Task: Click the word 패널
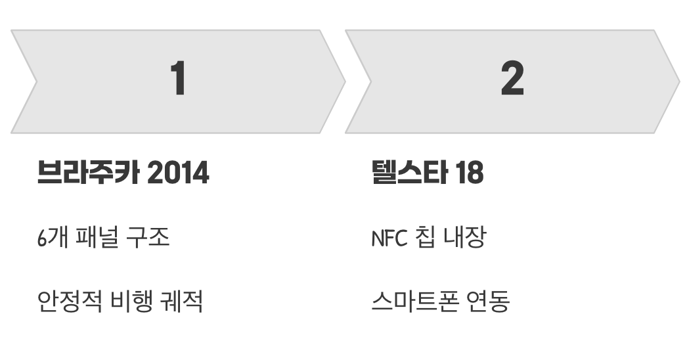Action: point(99,237)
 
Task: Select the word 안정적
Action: point(70,302)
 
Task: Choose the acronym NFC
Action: point(389,237)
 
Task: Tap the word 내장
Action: point(466,237)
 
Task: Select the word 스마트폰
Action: point(414,302)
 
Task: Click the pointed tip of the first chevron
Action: point(344,81)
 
